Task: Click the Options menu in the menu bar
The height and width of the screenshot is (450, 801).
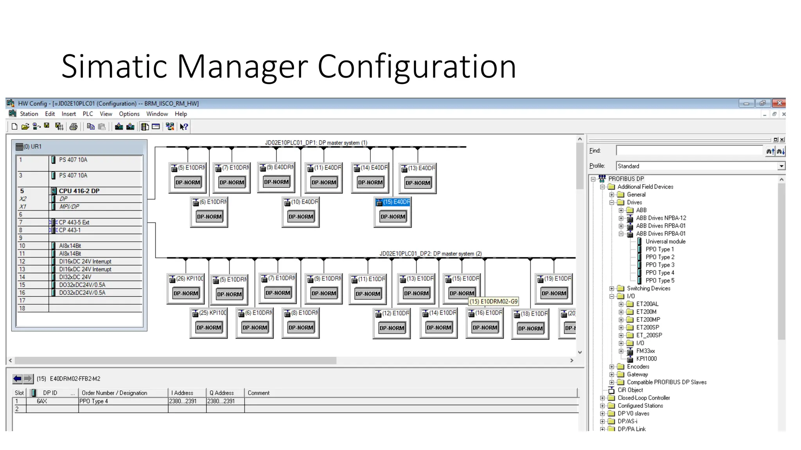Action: pyautogui.click(x=129, y=114)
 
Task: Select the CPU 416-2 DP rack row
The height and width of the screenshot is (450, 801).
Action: pyautogui.click(x=79, y=191)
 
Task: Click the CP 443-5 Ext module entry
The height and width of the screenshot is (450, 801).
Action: pyautogui.click(x=74, y=222)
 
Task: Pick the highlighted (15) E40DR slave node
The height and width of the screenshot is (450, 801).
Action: pyautogui.click(x=393, y=202)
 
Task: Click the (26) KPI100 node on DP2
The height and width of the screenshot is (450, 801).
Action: pyautogui.click(x=186, y=279)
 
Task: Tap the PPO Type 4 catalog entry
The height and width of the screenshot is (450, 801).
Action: pyautogui.click(x=659, y=273)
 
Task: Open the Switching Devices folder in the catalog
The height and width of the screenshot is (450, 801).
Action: pyautogui.click(x=648, y=288)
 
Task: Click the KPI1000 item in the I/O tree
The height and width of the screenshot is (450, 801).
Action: pyautogui.click(x=646, y=359)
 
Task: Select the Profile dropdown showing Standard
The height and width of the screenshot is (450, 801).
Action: pyautogui.click(x=700, y=166)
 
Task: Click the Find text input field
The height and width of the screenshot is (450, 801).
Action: pyautogui.click(x=689, y=150)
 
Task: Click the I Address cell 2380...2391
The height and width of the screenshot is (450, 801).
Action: pyautogui.click(x=183, y=401)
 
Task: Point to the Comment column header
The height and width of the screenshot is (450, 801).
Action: pyautogui.click(x=259, y=393)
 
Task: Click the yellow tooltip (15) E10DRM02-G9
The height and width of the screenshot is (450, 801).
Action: pyautogui.click(x=494, y=302)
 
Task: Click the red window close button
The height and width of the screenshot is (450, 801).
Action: pyautogui.click(x=779, y=103)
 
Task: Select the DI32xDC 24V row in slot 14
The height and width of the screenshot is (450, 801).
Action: pyautogui.click(x=75, y=277)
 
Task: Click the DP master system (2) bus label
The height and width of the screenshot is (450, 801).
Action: pyautogui.click(x=430, y=254)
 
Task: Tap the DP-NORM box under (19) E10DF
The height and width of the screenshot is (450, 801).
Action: pyautogui.click(x=553, y=293)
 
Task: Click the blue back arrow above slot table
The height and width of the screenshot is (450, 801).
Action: pyautogui.click(x=17, y=379)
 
